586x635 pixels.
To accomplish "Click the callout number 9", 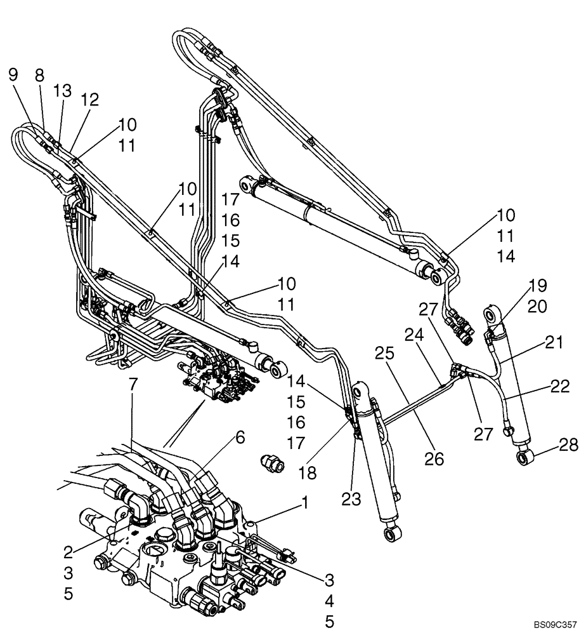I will (x=13, y=74).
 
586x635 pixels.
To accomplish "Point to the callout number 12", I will (x=90, y=100).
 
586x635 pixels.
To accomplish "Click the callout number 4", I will (x=330, y=601).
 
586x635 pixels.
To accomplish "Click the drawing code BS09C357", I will (x=556, y=624).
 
